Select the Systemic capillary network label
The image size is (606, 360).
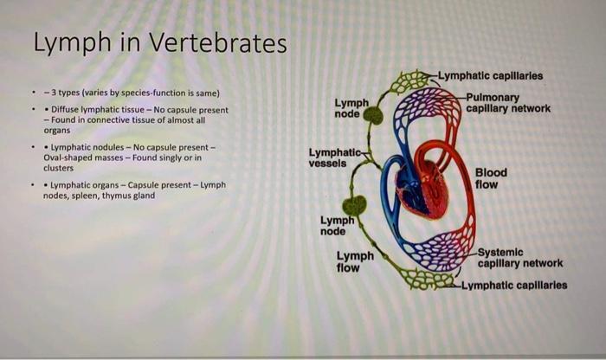[519, 257]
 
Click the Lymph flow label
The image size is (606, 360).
[355, 261]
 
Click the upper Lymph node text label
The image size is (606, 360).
[351, 108]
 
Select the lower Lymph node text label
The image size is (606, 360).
[337, 225]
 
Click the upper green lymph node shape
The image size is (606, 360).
[373, 115]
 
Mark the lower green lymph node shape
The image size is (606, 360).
[355, 205]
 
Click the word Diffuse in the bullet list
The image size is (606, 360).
[66, 111]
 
